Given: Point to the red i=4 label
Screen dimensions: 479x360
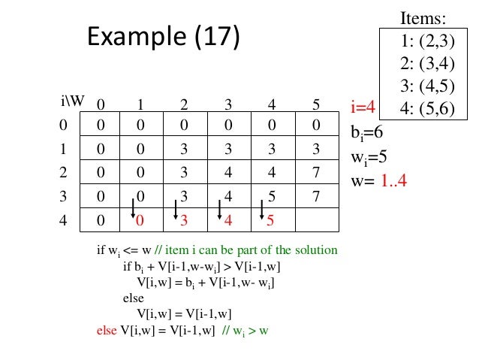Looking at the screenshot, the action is (x=367, y=106).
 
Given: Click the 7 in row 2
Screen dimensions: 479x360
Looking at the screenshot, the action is (x=317, y=173).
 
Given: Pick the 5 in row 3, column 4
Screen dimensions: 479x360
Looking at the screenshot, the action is (x=271, y=197).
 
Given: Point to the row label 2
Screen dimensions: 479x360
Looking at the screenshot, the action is (x=63, y=173).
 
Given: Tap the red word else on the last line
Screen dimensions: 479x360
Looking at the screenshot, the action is (x=107, y=330).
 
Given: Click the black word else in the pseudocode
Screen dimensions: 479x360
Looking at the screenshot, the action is (x=133, y=298).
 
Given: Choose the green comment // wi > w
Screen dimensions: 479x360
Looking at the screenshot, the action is (x=245, y=330).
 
